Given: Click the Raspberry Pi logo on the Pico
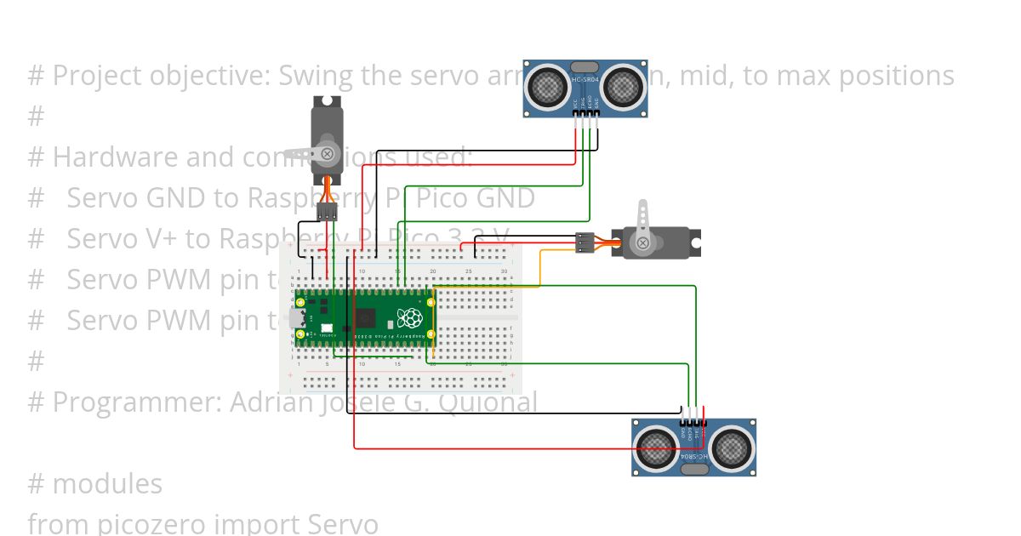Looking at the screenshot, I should tap(411, 318).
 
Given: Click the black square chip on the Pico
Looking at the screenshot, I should tap(365, 318).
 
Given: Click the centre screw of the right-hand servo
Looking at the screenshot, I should tap(643, 243).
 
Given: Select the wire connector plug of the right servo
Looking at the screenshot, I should tap(585, 242).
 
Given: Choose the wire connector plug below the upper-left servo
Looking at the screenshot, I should tap(327, 212).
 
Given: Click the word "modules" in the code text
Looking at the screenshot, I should tap(107, 483).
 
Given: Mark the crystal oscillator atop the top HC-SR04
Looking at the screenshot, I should tap(585, 66).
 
